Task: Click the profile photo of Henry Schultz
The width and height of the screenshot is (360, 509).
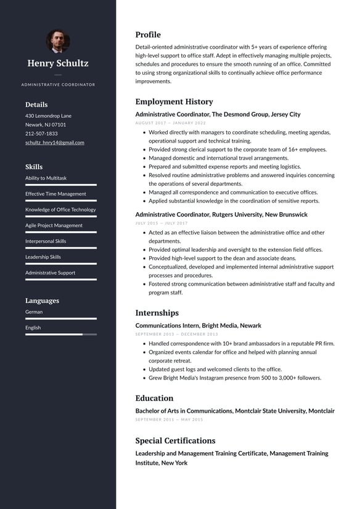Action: pos(58,41)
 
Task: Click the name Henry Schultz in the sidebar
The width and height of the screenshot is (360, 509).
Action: pos(58,63)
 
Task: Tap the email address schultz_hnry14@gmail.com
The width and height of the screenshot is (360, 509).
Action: pos(55,143)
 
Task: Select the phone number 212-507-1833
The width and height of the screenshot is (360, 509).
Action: pos(41,133)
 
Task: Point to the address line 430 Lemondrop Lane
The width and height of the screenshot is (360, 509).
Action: pos(48,116)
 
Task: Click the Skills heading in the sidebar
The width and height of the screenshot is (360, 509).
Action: pos(34,167)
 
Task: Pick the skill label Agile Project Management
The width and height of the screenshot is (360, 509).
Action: pos(54,225)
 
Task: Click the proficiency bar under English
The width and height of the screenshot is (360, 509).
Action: pos(60,334)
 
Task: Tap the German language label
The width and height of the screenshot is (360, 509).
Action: pos(34,312)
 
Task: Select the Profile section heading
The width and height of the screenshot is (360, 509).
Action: pos(148,35)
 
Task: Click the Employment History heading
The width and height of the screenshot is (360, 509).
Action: pos(174,102)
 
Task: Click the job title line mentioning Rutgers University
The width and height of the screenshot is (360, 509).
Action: pos(221,215)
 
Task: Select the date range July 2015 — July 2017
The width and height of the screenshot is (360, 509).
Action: pos(162,223)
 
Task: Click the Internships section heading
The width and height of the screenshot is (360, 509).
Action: pos(157,313)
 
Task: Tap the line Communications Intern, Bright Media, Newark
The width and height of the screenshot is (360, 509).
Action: pos(198,325)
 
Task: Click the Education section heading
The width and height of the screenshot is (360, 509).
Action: pos(154,398)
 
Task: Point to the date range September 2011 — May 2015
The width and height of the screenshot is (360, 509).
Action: pos(169,420)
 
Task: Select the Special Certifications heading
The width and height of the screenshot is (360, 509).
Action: pos(175,441)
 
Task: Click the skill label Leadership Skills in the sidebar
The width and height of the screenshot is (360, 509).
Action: pos(43,257)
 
